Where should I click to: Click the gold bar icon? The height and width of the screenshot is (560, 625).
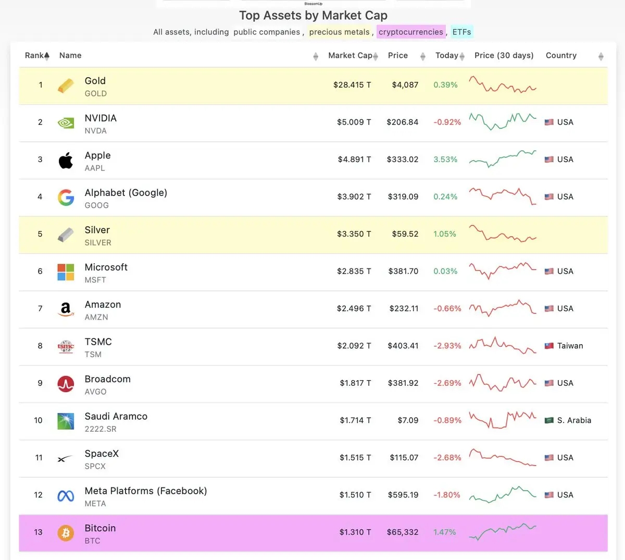click(x=66, y=86)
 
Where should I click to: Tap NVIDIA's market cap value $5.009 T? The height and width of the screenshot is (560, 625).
click(x=354, y=122)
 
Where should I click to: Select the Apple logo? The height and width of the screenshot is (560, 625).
click(x=66, y=160)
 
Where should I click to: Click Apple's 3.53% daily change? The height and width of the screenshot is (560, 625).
click(x=445, y=160)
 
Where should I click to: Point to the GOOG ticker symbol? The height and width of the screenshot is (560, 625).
click(x=96, y=205)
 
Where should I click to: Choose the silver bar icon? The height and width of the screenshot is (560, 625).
click(x=66, y=235)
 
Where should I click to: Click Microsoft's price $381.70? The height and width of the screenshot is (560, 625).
click(x=403, y=271)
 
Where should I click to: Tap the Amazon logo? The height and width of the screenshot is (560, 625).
click(x=66, y=309)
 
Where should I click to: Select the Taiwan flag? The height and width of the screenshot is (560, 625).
click(x=549, y=346)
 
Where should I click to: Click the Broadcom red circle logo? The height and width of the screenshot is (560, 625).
click(x=66, y=384)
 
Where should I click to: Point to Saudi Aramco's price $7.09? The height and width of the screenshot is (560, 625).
click(x=408, y=420)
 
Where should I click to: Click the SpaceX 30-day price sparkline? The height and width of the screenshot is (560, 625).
click(x=503, y=457)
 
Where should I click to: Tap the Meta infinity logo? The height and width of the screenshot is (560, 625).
click(x=66, y=496)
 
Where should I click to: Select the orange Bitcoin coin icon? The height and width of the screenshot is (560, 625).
click(x=66, y=533)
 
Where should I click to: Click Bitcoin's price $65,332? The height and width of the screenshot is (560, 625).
click(x=403, y=532)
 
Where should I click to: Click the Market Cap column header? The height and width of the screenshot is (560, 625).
click(x=350, y=55)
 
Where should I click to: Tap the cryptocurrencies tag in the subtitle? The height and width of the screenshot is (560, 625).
click(x=411, y=32)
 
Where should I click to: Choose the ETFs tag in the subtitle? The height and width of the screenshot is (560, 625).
click(x=462, y=32)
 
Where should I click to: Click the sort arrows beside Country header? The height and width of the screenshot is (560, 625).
click(x=601, y=56)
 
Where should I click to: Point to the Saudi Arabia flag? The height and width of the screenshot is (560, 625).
click(x=549, y=420)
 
